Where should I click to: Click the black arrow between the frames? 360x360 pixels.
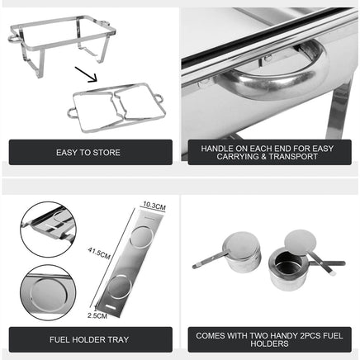click(87, 77)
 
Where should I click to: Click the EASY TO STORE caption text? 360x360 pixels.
click(88, 153)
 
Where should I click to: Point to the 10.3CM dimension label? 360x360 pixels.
click(154, 205)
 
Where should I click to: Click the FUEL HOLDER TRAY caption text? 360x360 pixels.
click(88, 339)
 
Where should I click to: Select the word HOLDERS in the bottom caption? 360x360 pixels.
click(269, 344)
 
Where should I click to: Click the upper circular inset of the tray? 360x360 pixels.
click(47, 227)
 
